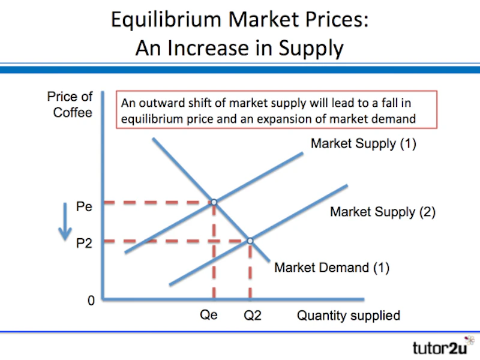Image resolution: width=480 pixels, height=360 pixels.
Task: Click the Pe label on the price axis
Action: coord(84,206)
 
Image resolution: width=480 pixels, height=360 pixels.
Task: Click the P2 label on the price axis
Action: coord(84,244)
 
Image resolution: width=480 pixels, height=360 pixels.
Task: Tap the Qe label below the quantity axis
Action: coord(209,315)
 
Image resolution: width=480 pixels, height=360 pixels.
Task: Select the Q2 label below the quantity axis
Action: coord(253,316)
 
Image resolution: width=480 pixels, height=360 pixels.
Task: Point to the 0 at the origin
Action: coord(91,301)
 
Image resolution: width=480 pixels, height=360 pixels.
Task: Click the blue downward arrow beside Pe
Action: coord(65,221)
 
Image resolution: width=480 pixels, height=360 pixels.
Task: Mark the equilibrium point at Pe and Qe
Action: coord(214,202)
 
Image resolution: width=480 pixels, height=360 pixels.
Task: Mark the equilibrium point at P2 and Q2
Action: coord(250,241)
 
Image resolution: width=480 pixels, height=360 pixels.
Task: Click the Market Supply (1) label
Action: coord(364,143)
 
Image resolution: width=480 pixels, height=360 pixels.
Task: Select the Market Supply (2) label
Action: coord(383,212)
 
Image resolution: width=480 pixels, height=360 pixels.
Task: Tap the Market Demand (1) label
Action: coord(332,268)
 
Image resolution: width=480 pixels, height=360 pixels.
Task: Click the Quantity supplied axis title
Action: coord(349,316)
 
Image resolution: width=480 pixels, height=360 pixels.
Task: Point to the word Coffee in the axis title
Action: coord(73,112)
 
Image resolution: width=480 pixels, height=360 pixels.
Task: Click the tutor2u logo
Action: coord(443,346)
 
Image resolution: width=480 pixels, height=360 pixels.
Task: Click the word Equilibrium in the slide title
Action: coord(166,20)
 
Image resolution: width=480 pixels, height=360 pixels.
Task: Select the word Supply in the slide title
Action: coord(311,49)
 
